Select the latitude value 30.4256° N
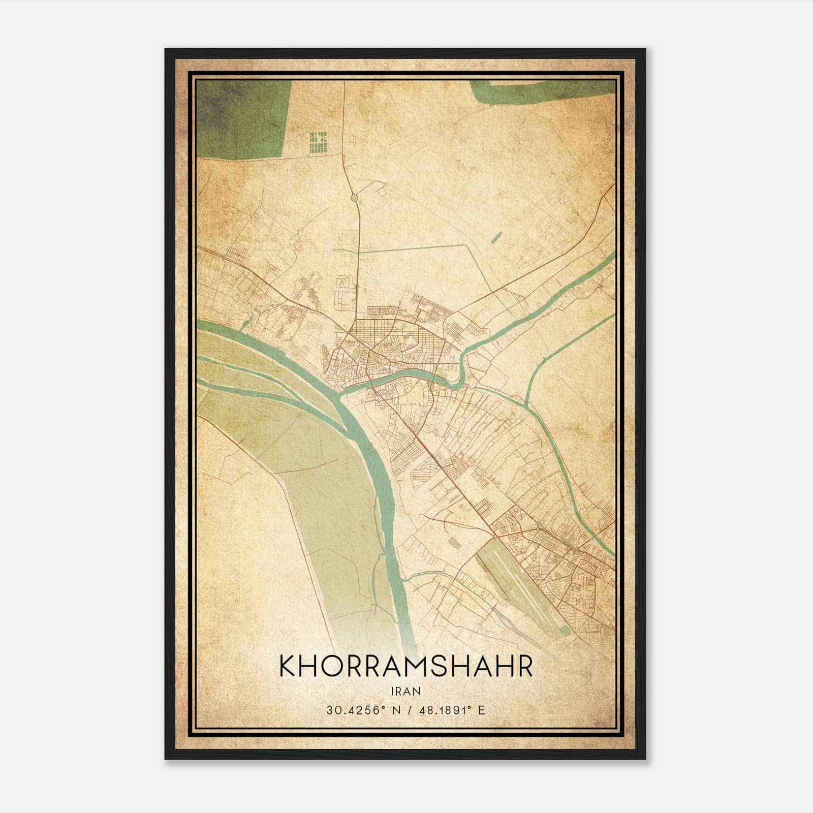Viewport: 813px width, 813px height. point(360,710)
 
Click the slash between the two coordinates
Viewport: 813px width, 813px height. point(407,710)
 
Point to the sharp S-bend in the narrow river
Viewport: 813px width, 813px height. point(462,368)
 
